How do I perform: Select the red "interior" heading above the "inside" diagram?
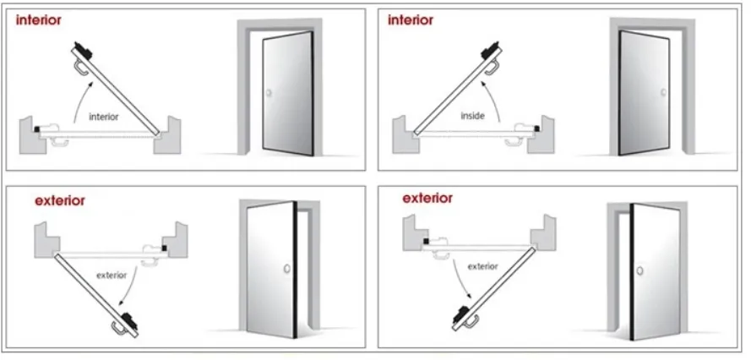point(411,20)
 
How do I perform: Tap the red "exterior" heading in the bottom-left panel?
point(60,201)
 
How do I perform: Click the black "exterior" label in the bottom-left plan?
point(111,275)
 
